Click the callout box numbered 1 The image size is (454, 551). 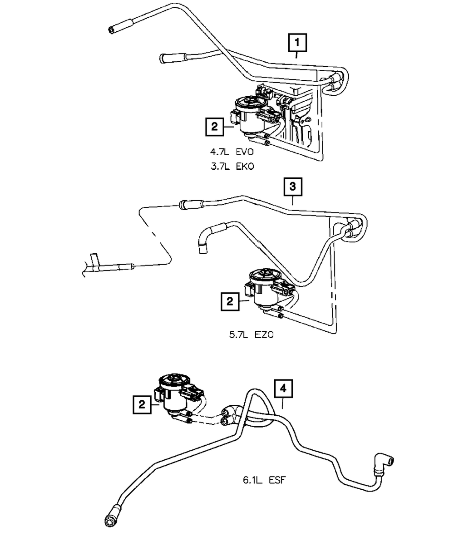(x=297, y=44)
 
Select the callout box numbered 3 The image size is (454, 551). (x=292, y=186)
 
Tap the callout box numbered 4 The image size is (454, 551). (x=282, y=389)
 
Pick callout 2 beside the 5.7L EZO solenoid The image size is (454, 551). (x=230, y=301)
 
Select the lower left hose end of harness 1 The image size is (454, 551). (x=168, y=58)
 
